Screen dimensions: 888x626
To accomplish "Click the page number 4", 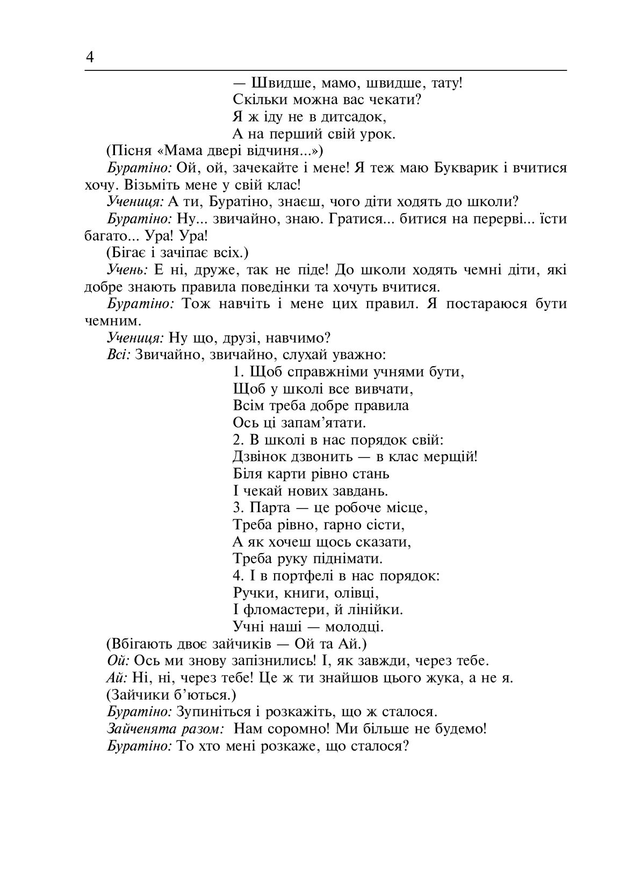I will coord(90,57).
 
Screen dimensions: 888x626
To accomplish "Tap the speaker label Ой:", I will coord(116,660).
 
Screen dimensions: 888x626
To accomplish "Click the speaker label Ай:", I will coord(116,678).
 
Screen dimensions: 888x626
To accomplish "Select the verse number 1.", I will coord(239,372).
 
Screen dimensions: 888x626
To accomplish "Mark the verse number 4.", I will coord(239,576).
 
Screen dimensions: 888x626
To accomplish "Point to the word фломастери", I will coord(284,610).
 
